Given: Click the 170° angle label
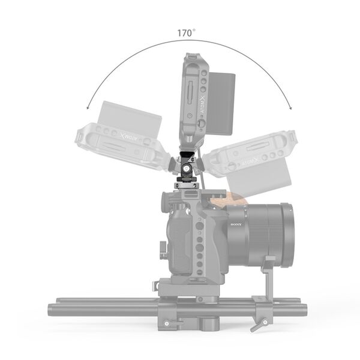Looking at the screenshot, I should (x=186, y=33).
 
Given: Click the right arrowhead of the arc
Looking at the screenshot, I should (x=292, y=108).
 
